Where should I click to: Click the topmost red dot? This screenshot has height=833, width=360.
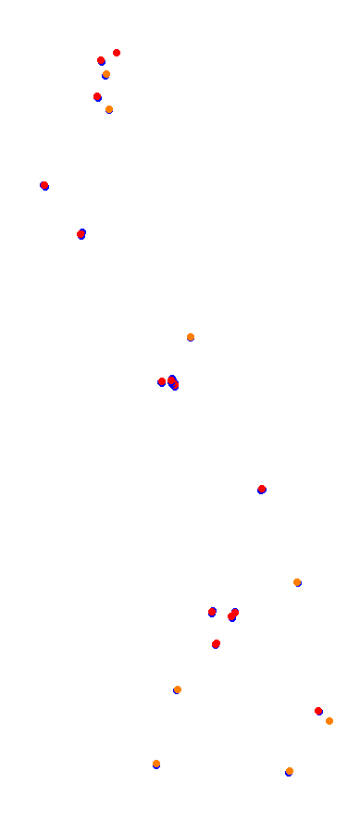[x=117, y=53]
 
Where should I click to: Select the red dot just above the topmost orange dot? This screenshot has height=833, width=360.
[x=101, y=60]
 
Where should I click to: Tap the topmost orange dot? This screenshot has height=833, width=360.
[x=106, y=74]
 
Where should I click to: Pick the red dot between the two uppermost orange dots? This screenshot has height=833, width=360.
[x=97, y=96]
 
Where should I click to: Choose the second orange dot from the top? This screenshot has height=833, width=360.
[x=109, y=109]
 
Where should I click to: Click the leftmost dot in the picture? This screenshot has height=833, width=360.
[x=44, y=185]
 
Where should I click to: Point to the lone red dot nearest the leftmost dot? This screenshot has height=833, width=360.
[x=81, y=234]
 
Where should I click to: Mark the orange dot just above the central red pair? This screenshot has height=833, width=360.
[x=191, y=337]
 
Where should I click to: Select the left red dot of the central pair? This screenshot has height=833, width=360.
[x=162, y=381]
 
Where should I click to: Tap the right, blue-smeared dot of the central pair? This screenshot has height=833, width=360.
[x=173, y=382]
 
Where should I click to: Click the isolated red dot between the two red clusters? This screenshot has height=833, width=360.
[x=262, y=489]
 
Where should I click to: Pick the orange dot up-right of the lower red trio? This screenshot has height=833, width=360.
[x=297, y=582]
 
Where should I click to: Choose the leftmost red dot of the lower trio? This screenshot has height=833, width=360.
[x=212, y=612]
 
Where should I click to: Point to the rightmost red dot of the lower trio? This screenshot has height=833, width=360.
[x=233, y=614]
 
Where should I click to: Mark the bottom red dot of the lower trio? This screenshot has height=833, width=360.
[x=216, y=643]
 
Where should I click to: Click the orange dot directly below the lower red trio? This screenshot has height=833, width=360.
[x=178, y=690]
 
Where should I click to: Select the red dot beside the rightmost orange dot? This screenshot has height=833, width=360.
[x=318, y=711]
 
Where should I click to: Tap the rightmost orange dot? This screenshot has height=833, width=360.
[x=329, y=721]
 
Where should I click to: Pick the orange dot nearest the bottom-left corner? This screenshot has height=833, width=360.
[x=156, y=764]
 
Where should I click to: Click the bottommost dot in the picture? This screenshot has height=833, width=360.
[x=290, y=771]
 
